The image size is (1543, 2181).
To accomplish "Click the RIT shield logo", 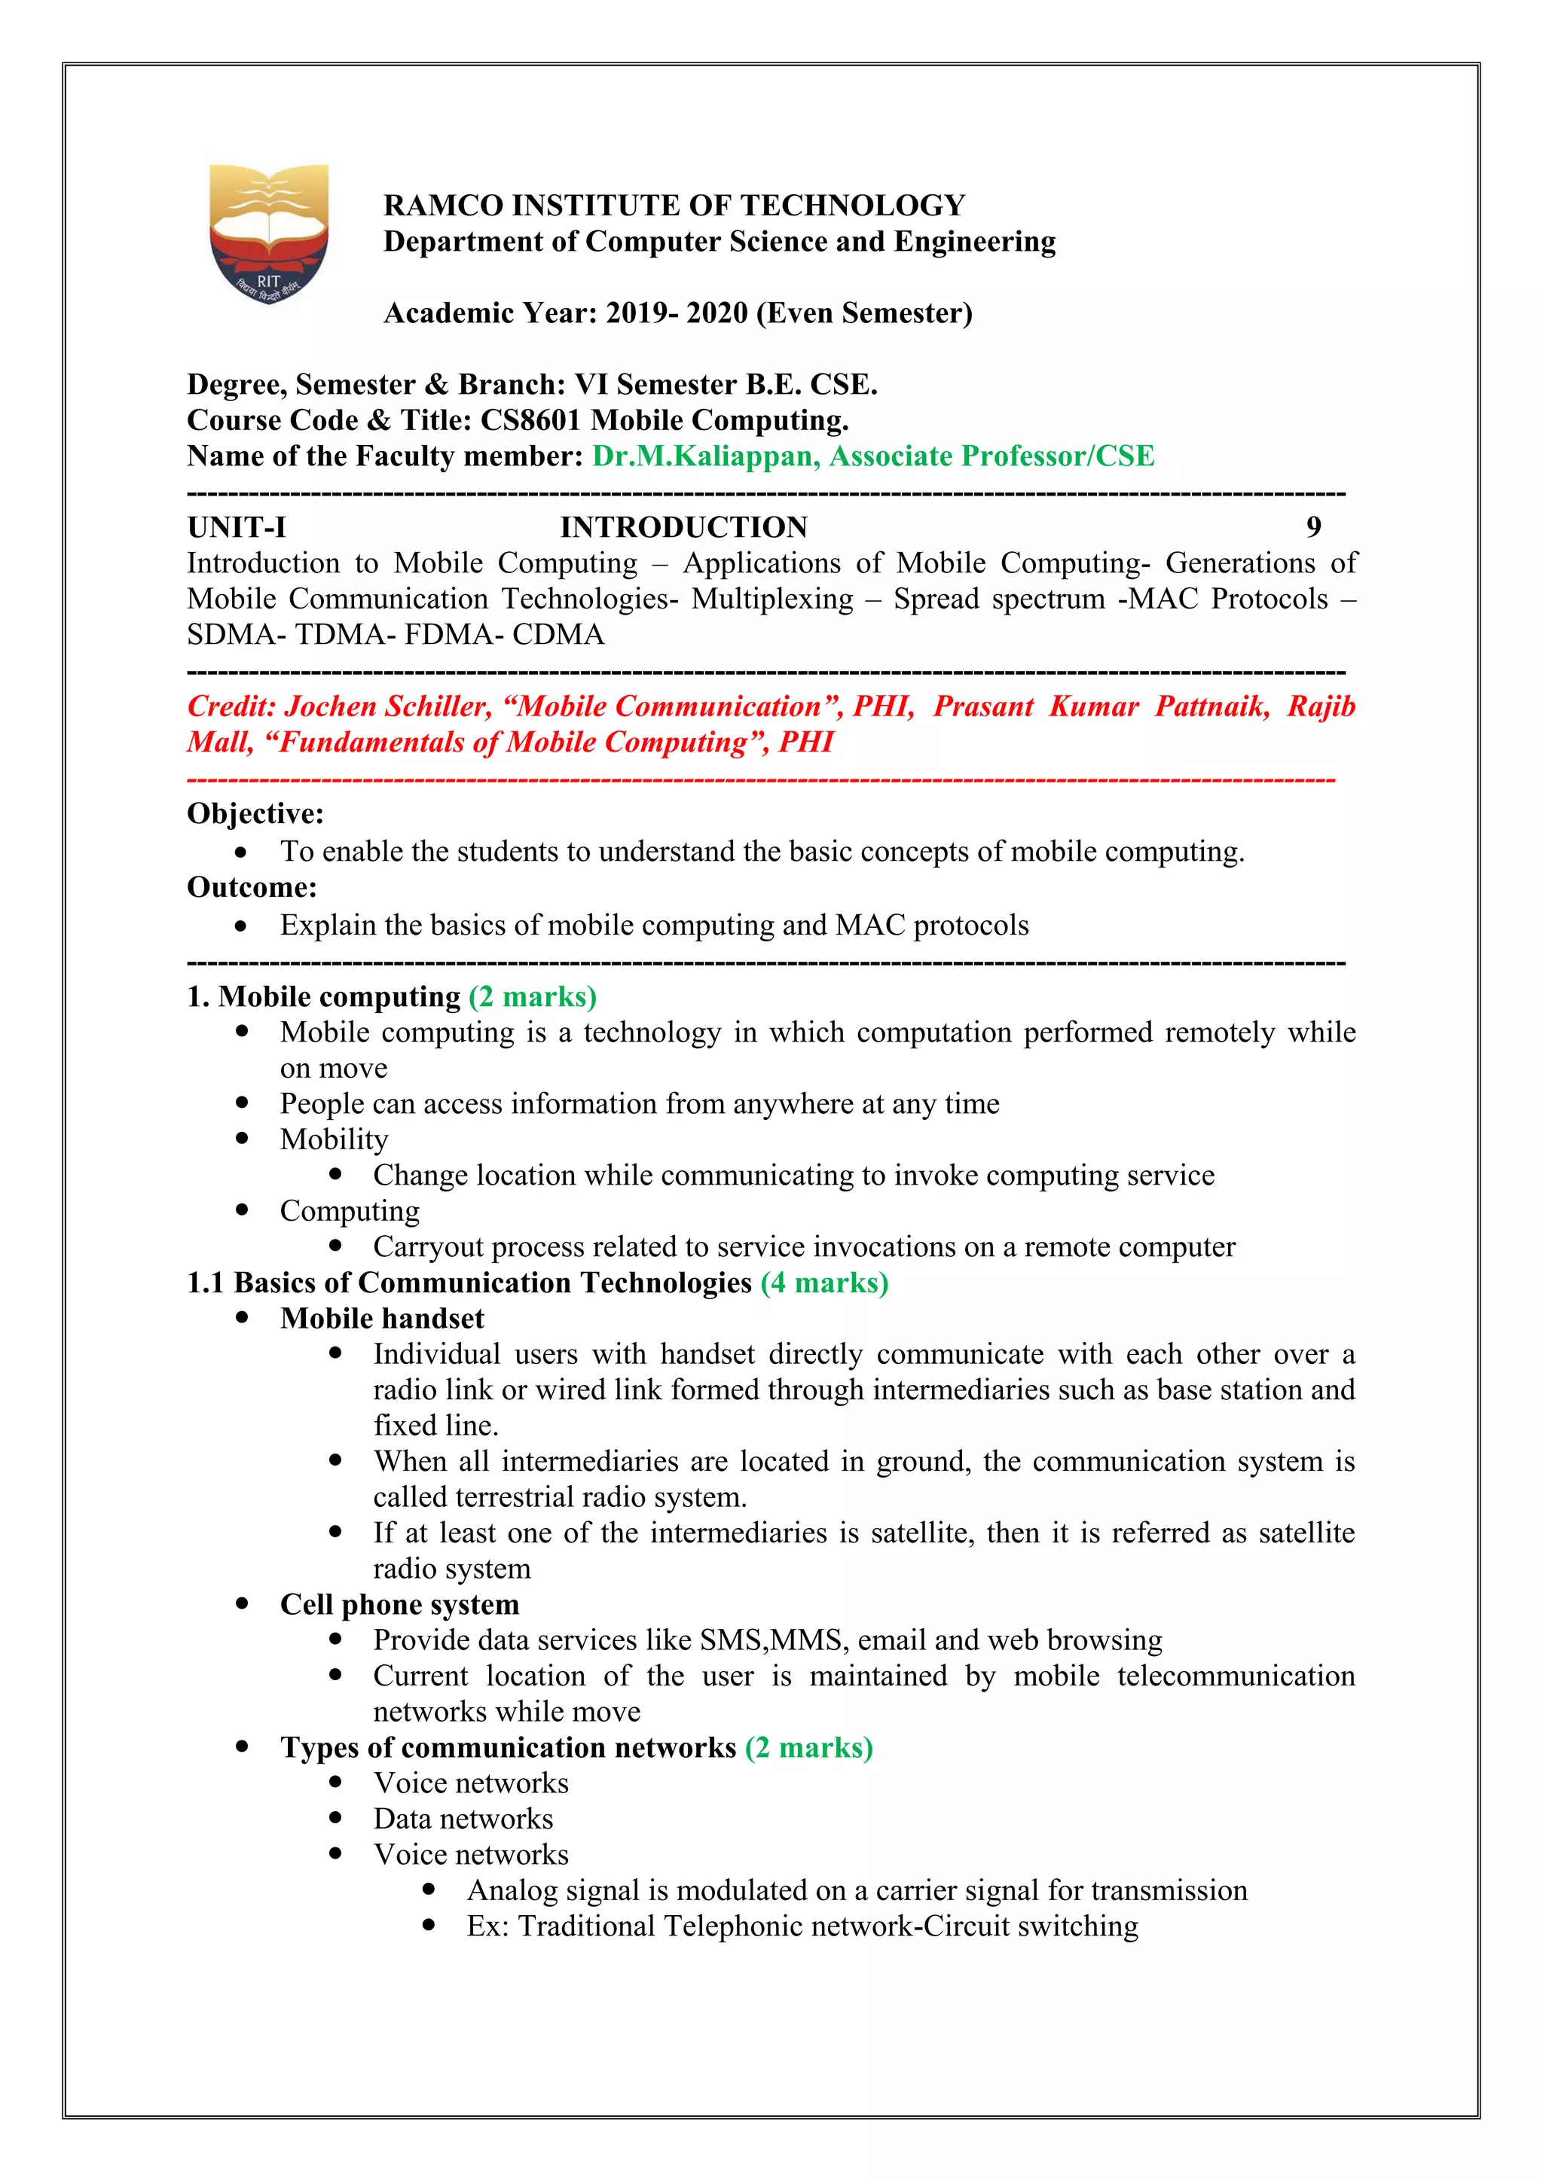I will point(269,233).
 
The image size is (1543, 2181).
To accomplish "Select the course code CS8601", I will point(529,420).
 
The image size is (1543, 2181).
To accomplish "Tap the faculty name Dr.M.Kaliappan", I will point(705,456).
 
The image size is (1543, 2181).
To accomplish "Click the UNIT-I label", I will point(237,527).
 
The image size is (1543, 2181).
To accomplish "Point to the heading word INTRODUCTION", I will point(683,527).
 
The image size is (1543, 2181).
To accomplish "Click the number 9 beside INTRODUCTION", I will point(1313,526).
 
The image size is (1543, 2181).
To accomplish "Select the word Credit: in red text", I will point(232,706).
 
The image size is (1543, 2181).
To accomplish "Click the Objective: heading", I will point(255,814).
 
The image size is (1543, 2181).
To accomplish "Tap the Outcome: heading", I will point(252,887).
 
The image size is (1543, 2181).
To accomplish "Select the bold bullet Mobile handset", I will point(382,1319).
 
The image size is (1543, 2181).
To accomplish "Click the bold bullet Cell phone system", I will point(399,1604).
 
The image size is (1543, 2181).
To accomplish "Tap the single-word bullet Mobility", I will point(334,1140).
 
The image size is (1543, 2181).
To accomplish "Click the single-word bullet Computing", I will point(350,1211).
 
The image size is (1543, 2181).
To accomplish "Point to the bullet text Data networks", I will point(463,1819).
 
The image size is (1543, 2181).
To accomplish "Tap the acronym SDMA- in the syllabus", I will point(237,635).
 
